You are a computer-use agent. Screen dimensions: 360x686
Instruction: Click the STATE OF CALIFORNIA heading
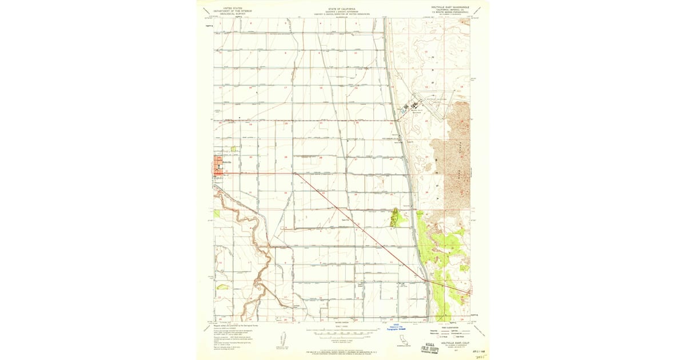pyautogui.click(x=342, y=10)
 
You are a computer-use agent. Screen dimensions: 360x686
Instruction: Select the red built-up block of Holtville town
pyautogui.click(x=220, y=165)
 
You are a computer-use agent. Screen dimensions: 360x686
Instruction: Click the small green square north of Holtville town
pyautogui.click(x=234, y=149)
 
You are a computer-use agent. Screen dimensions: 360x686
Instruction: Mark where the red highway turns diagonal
pyautogui.click(x=294, y=173)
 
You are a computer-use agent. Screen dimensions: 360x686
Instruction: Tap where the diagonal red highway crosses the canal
pyautogui.click(x=424, y=279)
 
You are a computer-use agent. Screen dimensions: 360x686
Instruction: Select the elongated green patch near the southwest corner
pyautogui.click(x=222, y=287)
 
